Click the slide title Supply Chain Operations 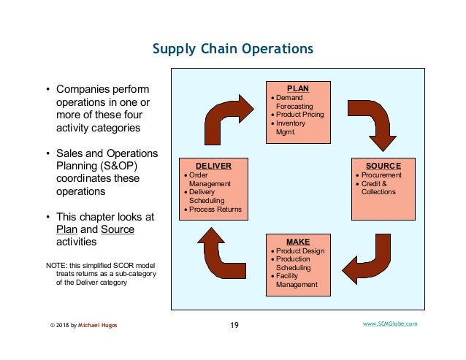click(x=232, y=49)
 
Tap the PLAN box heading click(x=297, y=88)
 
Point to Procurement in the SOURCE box click(x=381, y=176)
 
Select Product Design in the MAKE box click(x=299, y=250)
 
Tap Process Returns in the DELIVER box click(x=215, y=210)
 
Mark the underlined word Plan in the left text click(x=67, y=229)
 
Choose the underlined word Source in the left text click(x=117, y=229)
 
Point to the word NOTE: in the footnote click(x=57, y=264)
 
